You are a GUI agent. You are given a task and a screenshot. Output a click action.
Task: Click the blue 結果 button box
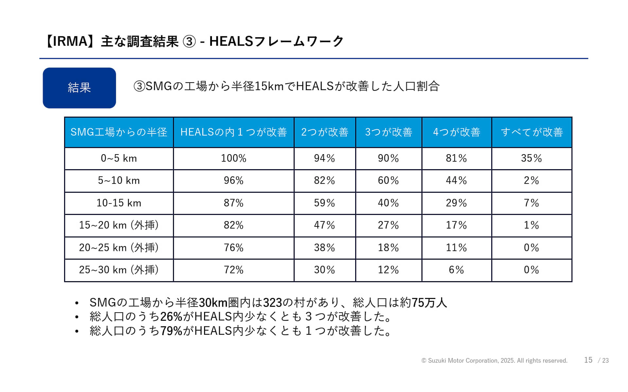[79, 88]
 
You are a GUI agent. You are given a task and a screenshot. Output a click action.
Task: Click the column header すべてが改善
[532, 132]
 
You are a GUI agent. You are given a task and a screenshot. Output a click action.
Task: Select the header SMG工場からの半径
[119, 132]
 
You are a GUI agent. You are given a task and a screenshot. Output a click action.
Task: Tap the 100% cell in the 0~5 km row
[233, 158]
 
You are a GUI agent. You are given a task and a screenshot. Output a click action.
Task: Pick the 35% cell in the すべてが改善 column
[531, 158]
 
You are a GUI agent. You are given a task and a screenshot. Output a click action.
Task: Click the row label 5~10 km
[119, 181]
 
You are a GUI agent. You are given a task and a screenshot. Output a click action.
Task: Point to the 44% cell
[456, 181]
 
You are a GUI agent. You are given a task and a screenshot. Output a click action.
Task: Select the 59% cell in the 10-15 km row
[324, 203]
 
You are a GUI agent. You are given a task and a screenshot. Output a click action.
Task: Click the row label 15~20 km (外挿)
[119, 225]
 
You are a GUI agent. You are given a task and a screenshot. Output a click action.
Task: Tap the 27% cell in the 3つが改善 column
[388, 225]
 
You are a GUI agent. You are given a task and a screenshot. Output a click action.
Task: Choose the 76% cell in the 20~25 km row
[233, 248]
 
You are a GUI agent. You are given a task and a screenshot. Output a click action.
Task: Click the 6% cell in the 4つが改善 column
[456, 270]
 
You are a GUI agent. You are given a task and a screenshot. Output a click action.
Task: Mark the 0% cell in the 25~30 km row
[531, 270]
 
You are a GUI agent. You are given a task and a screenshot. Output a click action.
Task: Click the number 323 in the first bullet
[272, 303]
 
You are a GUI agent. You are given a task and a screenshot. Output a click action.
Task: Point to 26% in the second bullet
[171, 317]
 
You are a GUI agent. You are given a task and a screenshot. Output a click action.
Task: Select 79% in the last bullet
[171, 331]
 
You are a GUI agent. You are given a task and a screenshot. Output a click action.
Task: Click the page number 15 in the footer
[588, 360]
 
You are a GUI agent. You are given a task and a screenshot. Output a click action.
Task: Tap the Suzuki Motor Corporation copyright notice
[494, 361]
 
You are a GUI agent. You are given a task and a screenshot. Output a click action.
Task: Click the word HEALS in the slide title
[231, 41]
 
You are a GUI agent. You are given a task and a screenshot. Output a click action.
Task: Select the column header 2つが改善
[324, 132]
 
